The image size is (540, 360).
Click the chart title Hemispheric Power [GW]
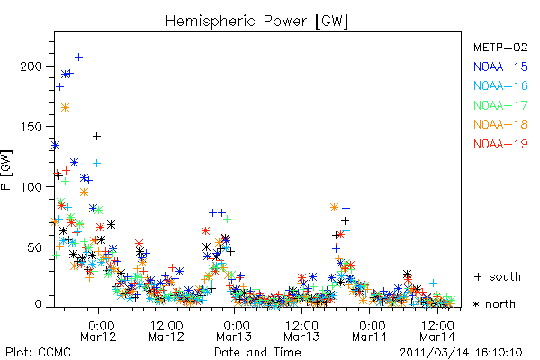click(x=256, y=22)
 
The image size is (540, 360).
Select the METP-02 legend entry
click(x=500, y=47)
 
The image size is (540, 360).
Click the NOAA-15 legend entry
click(x=500, y=67)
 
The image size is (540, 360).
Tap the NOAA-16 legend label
click(x=500, y=85)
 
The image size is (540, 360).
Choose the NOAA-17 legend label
click(x=500, y=105)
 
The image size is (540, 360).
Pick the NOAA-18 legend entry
click(x=500, y=124)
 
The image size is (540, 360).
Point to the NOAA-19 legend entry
click(x=500, y=144)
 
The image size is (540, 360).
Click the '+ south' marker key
click(x=498, y=276)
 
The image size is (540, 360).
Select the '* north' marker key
click(x=494, y=304)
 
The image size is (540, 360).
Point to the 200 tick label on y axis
click(x=31, y=66)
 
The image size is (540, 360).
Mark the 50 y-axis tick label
click(x=35, y=247)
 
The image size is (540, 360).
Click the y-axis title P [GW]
click(x=6, y=170)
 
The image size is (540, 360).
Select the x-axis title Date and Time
click(x=257, y=352)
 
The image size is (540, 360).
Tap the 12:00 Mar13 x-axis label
click(x=301, y=330)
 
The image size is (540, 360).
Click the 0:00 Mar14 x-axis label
click(x=370, y=330)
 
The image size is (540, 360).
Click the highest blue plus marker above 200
click(x=79, y=58)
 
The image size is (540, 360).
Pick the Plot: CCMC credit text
click(x=38, y=352)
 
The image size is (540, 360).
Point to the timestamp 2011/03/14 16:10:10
click(x=461, y=353)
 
